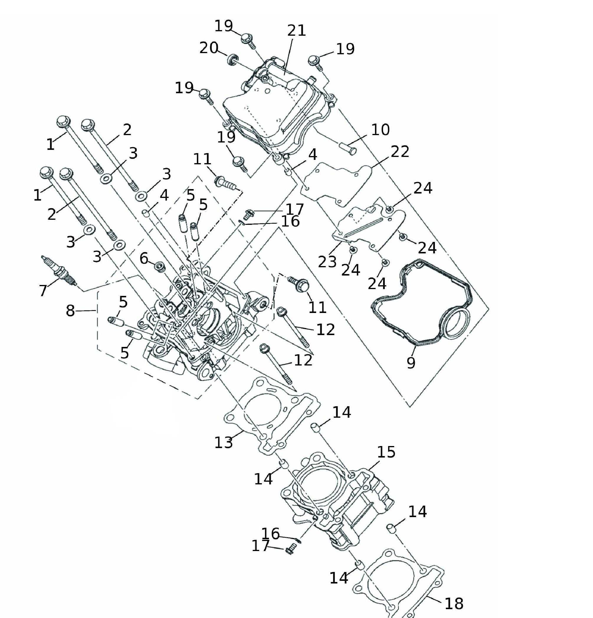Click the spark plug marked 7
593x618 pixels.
point(59,271)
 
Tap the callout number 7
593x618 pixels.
point(43,290)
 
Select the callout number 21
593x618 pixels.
point(296,31)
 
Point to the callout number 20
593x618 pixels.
point(209,48)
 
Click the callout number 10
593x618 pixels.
point(380,129)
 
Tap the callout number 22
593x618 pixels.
point(400,152)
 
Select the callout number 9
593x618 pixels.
point(411,363)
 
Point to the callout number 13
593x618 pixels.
point(224,442)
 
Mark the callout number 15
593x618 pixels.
point(386,452)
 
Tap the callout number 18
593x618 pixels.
point(454,603)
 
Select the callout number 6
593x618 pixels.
point(144,258)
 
